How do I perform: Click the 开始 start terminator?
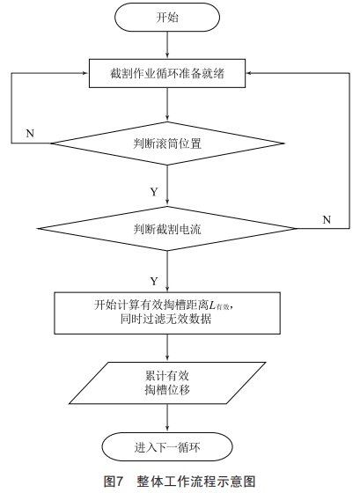coord(167,18)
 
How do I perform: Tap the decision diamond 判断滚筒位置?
coord(167,143)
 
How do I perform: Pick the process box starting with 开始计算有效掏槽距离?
coord(167,312)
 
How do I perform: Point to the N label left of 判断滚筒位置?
coord(32,134)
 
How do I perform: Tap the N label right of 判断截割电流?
coord(327,220)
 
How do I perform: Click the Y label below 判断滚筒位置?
coord(155,190)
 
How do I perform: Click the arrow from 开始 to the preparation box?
coord(167,45)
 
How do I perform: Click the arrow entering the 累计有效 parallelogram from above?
coord(167,349)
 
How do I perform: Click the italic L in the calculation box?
coord(217,304)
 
